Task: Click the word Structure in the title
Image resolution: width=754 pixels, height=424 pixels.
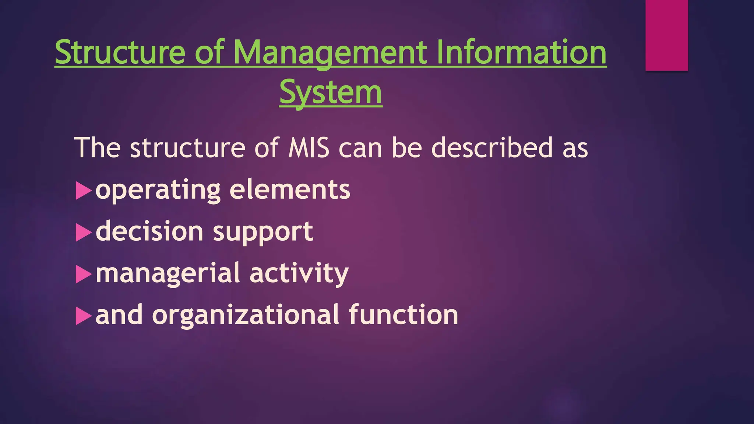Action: tap(120, 52)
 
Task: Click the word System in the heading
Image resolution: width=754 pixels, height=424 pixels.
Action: tap(331, 92)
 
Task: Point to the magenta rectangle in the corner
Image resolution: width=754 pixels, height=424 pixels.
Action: tap(666, 35)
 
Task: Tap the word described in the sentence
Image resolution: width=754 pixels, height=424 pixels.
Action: tap(492, 148)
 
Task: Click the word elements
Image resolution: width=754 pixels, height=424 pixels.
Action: tap(290, 190)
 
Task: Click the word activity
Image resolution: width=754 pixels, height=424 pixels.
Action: tap(299, 273)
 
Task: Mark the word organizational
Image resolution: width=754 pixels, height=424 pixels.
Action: tap(246, 315)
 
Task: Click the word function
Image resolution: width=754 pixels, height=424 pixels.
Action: tap(403, 315)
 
